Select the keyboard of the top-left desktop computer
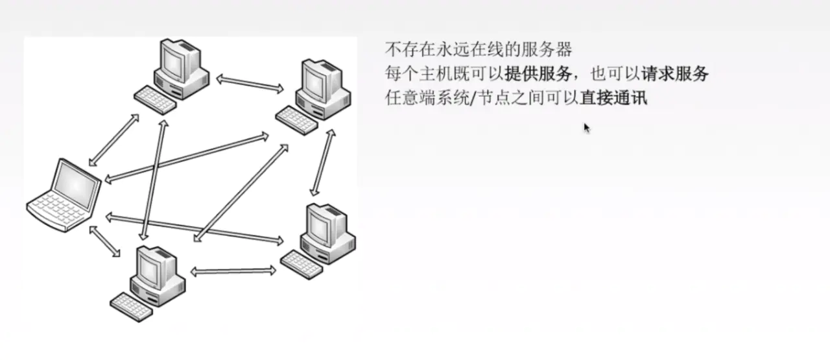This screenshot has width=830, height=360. [156, 99]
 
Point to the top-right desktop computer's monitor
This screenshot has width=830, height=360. [316, 79]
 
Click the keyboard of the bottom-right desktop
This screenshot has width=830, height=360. [302, 263]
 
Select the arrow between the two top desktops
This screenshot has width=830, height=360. [250, 82]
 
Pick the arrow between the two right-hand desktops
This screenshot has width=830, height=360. [322, 162]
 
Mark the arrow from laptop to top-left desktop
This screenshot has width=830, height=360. [114, 140]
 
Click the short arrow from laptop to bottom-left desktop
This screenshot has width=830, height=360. [105, 241]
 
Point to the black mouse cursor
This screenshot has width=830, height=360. [586, 128]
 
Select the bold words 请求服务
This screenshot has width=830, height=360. [675, 74]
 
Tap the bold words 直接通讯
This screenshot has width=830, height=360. [614, 99]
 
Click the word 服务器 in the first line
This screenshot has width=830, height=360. [552, 49]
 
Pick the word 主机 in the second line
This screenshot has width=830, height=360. [435, 74]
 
